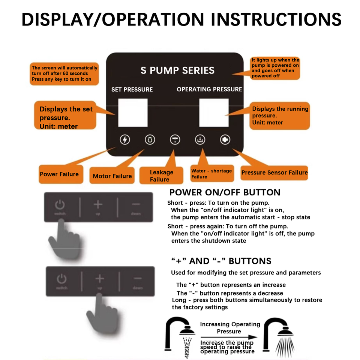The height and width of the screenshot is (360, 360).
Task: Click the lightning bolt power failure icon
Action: pyautogui.click(x=125, y=140)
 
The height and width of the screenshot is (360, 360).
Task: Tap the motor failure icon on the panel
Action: pyautogui.click(x=150, y=140)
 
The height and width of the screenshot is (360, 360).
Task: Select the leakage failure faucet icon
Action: pyautogui.click(x=175, y=140)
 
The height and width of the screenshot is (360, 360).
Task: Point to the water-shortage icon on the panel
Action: pyautogui.click(x=200, y=140)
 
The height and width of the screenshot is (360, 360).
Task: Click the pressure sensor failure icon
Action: pyautogui.click(x=225, y=140)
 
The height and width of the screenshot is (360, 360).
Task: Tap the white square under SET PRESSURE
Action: pyautogui.click(x=133, y=112)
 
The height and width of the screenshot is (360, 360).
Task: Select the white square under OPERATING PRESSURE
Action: pyautogui.click(x=213, y=112)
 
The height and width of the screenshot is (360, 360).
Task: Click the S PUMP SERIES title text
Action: pyautogui.click(x=177, y=70)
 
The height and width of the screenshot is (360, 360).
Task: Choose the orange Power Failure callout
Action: pyautogui.click(x=60, y=174)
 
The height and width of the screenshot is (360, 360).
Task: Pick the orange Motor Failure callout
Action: pyautogui.click(x=112, y=176)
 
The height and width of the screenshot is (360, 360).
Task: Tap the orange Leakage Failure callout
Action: pyautogui.click(x=161, y=175)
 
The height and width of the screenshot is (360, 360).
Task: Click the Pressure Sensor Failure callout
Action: pyautogui.click(x=274, y=173)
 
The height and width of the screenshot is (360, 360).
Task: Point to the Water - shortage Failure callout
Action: pyautogui.click(x=211, y=173)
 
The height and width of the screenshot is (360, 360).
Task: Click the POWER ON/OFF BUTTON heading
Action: pyautogui.click(x=225, y=193)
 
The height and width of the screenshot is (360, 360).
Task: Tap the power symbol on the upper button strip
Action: pyautogui.click(x=60, y=205)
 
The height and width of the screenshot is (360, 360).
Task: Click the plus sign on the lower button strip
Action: pyautogui.click(x=99, y=279)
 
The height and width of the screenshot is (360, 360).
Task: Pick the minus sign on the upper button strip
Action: pyautogui.click(x=136, y=204)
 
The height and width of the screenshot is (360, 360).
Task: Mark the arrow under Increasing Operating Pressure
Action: pyautogui.click(x=229, y=337)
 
